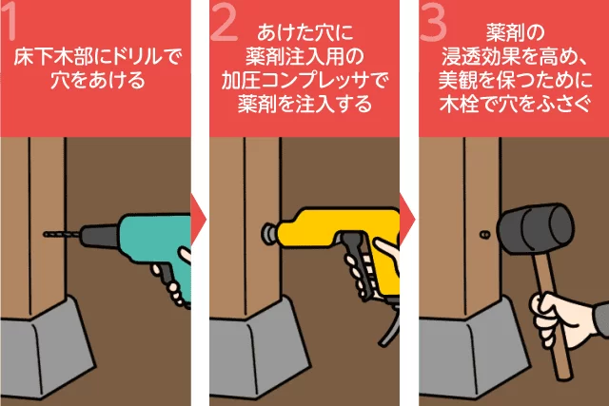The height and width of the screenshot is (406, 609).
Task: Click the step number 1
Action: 8,20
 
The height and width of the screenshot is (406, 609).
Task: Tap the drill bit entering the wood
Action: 62,234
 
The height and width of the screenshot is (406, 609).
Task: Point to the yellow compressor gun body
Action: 342,233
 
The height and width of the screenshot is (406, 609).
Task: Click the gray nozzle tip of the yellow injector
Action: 269,233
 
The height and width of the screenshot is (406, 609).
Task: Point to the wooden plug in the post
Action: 484,235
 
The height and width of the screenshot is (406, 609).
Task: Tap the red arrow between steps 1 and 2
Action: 198,220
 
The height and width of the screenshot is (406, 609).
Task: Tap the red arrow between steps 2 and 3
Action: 407,220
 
